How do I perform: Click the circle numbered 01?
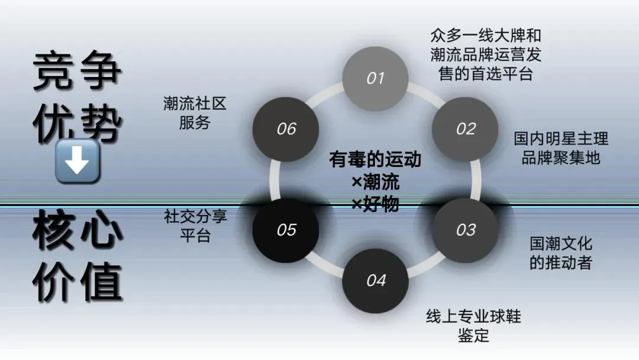376,79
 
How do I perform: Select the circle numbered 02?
466,129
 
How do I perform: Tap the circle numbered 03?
466,230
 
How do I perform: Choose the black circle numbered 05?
286,230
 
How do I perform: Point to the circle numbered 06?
286,129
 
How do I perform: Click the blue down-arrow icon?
77,160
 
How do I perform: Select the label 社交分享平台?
195,226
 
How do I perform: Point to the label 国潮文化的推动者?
561,253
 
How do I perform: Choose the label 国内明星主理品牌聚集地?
561,149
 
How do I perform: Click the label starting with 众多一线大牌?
486,55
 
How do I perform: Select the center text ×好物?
375,204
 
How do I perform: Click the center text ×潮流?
375,182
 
